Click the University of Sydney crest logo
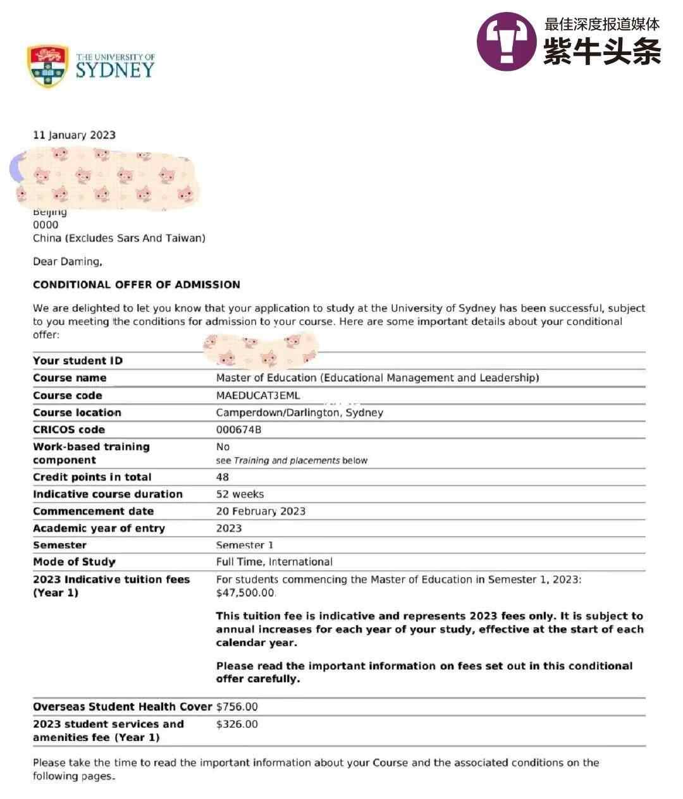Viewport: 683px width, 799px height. tap(47, 66)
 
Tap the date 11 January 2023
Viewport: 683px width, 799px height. tap(74, 135)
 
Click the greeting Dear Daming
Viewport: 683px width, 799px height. tap(67, 262)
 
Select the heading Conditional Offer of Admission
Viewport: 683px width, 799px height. tap(137, 284)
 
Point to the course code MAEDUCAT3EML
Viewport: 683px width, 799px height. tap(258, 396)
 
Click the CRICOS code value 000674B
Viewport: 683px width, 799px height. tap(238, 430)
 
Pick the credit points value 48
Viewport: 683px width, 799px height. tap(223, 477)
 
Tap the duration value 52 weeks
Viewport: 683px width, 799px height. tap(240, 494)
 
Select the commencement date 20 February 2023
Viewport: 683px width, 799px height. tap(261, 511)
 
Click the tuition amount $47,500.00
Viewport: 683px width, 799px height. tap(245, 593)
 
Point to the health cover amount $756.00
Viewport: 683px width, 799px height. tap(237, 707)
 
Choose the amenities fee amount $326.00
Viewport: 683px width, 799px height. tap(237, 724)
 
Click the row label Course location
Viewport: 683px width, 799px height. tap(77, 413)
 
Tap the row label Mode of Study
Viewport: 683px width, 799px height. tap(74, 562)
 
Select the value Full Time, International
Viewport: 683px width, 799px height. tap(274, 562)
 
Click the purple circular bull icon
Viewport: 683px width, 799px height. tap(506, 41)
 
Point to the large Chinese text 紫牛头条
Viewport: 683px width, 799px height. tap(602, 52)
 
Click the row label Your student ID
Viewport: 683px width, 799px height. tap(78, 361)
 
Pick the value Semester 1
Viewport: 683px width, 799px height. tap(245, 545)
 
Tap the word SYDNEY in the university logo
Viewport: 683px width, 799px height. tap(115, 70)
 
